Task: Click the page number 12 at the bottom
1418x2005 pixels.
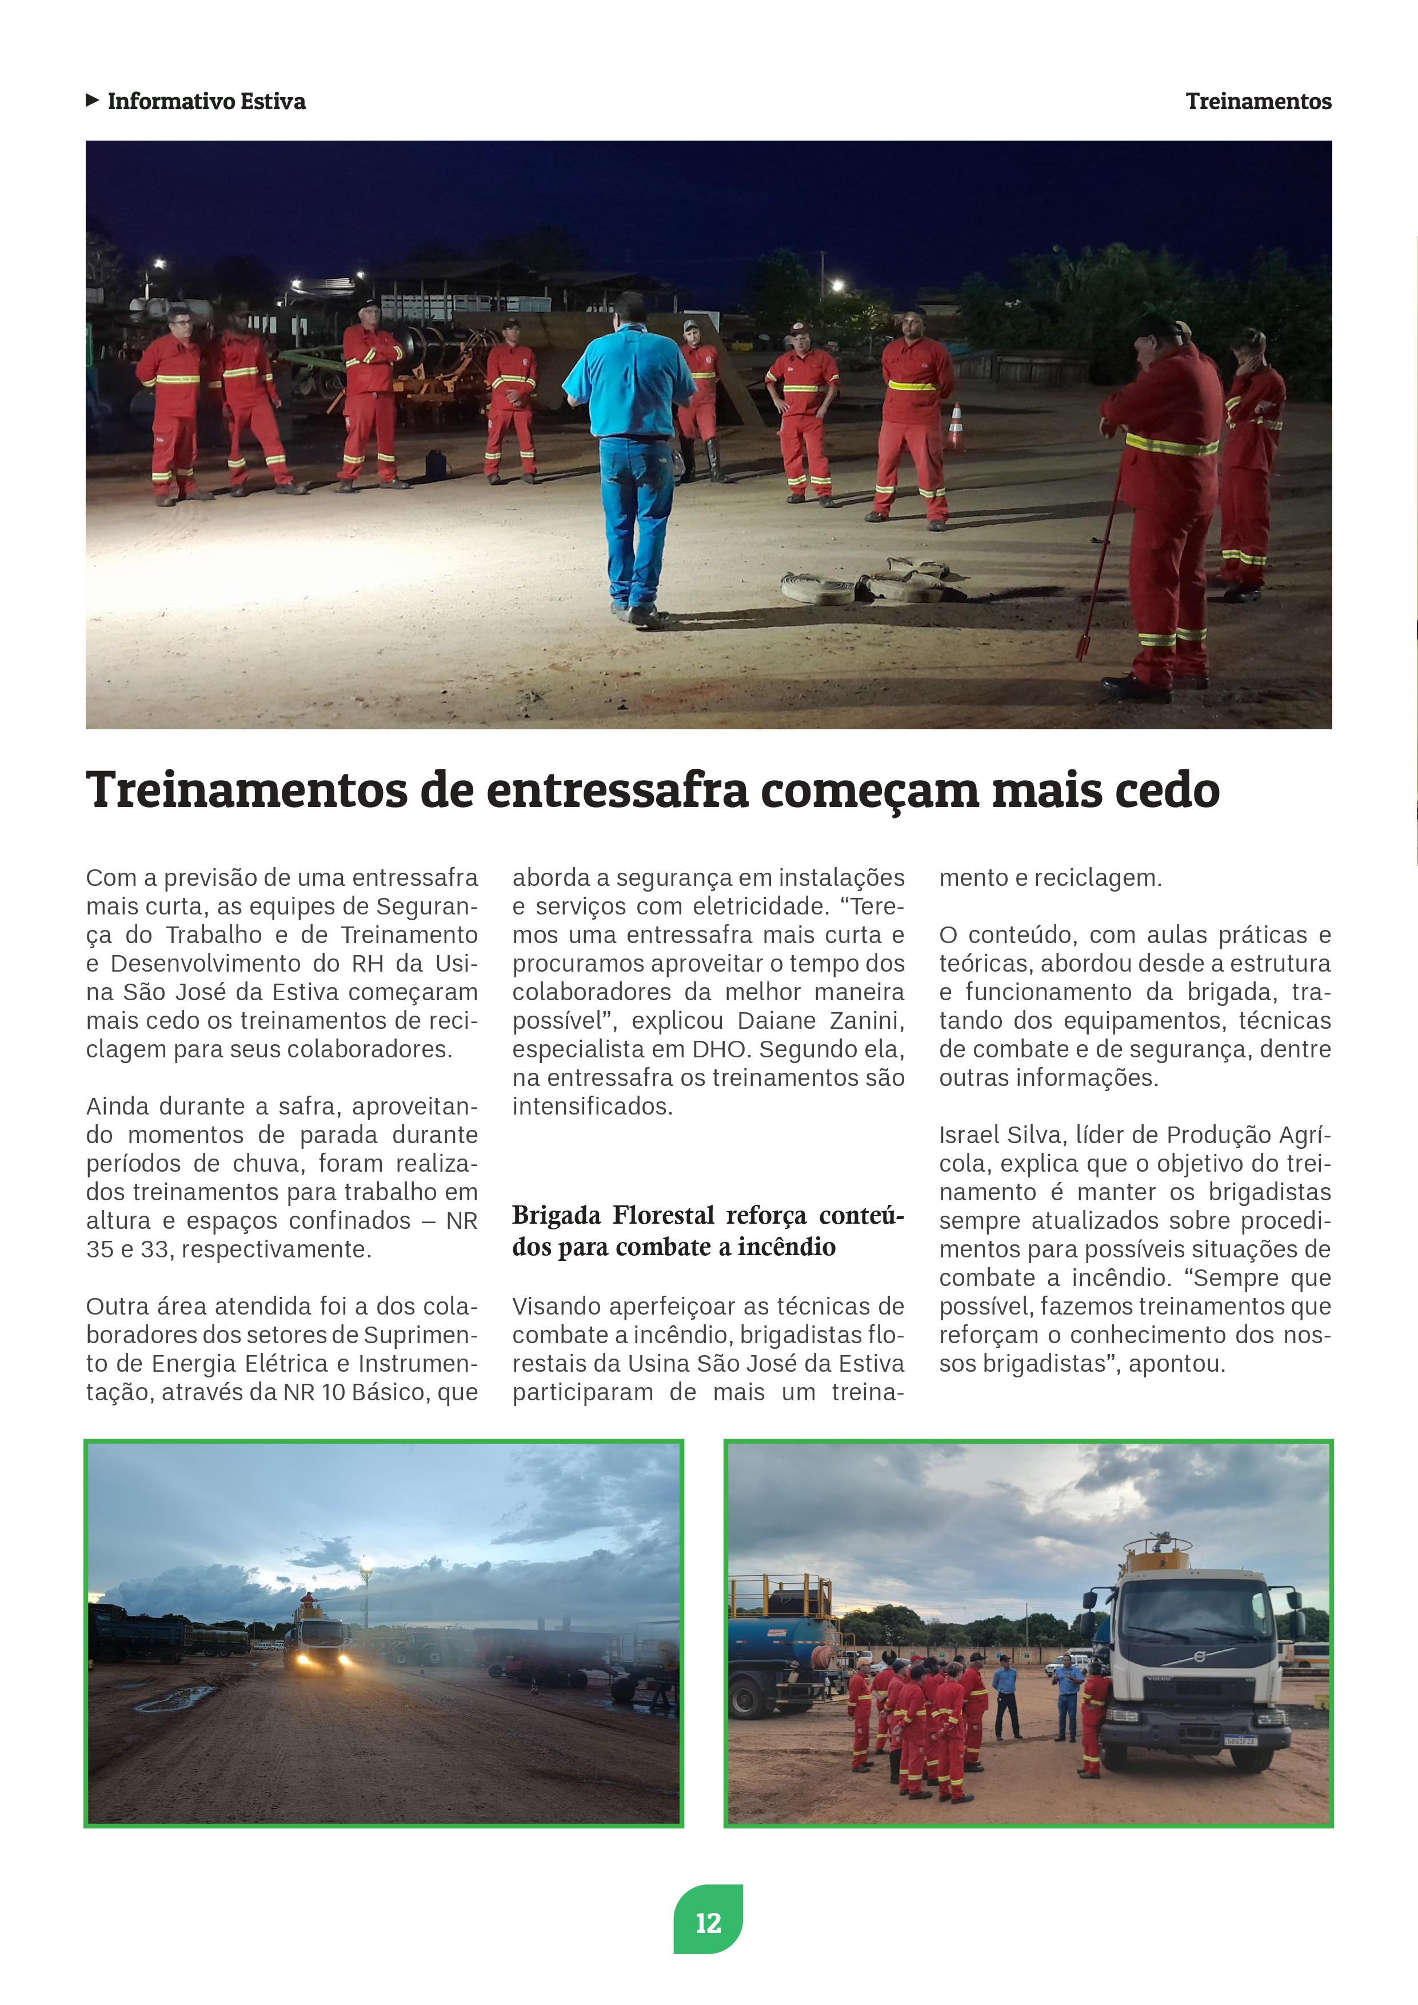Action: tap(708, 1922)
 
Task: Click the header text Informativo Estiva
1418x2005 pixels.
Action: tap(206, 101)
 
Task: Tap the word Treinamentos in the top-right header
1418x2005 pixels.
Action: tap(1257, 101)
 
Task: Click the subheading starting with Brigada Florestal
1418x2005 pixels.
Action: tap(707, 1231)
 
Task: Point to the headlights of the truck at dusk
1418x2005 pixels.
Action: tap(319, 1660)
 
